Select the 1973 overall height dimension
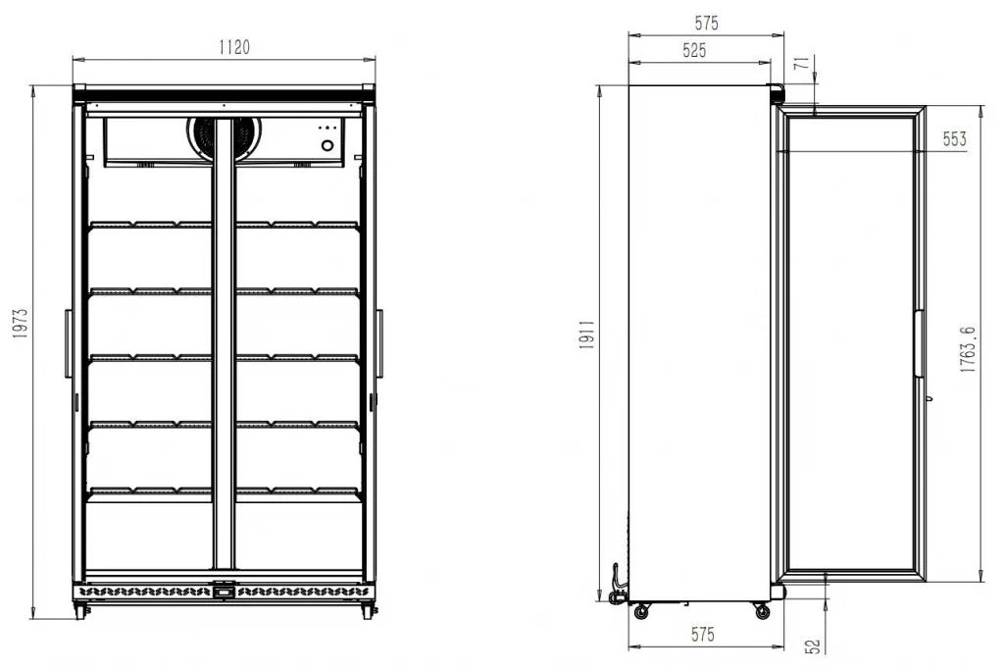tap(20, 323)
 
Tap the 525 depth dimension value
tap(693, 50)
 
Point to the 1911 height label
tap(586, 339)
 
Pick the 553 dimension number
tap(954, 139)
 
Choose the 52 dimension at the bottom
tap(812, 646)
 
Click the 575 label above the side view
tap(705, 24)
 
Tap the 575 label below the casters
tap(701, 635)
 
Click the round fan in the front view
tap(224, 137)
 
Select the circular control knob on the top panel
tap(327, 146)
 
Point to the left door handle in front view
tap(68, 343)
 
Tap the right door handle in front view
tap(380, 343)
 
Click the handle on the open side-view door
tap(919, 343)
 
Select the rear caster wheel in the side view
tap(641, 611)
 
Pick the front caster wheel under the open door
tap(762, 611)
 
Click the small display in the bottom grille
tap(225, 591)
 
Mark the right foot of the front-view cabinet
tap(368, 610)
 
